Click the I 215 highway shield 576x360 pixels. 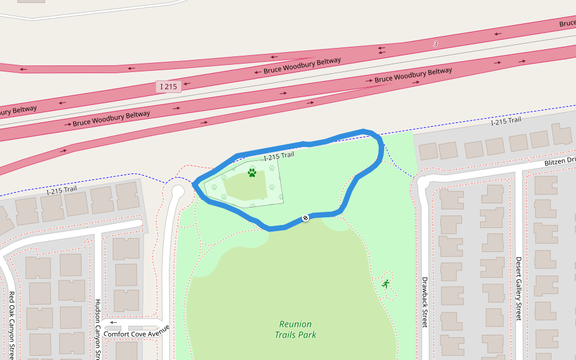[x=169, y=86]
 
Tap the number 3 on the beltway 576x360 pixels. [x=436, y=44]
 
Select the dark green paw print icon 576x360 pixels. [x=252, y=173]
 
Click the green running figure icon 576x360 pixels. [x=385, y=283]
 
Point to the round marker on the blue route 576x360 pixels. [x=305, y=217]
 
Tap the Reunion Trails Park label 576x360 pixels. [x=295, y=329]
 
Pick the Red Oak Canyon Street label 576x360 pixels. [x=11, y=324]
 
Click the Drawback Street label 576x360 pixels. [x=424, y=302]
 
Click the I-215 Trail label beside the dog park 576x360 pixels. [x=279, y=156]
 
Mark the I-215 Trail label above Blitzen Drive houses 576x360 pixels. [x=505, y=122]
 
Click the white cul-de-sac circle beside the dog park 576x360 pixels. [x=178, y=191]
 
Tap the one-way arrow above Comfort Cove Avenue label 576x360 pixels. [x=113, y=322]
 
